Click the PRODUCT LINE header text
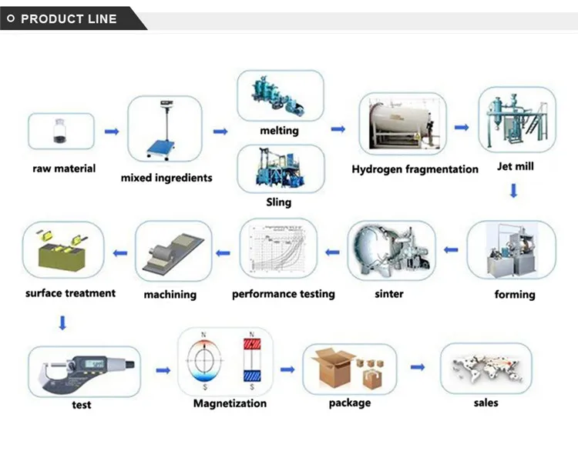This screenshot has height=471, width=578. coord(69,18)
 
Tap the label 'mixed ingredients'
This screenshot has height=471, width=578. coord(166,178)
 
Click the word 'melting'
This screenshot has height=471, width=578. coord(279,130)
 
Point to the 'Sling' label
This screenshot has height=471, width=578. coord(279,202)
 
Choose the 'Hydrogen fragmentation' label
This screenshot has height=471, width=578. coord(415,169)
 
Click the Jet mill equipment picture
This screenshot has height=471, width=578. coord(516,120)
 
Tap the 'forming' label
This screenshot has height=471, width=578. coord(515,294)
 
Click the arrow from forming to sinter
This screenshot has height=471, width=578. coord(450,250)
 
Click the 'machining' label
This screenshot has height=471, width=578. coord(170,294)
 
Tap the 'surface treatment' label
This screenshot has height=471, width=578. coord(70,292)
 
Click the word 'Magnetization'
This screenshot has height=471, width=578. coord(230,403)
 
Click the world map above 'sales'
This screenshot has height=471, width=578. coord(486,368)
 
